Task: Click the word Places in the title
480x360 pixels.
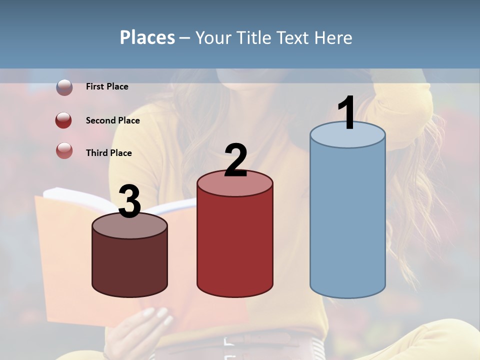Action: pos(147,37)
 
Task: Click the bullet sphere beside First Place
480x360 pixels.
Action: pos(64,87)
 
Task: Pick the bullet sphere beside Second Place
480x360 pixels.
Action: pos(64,120)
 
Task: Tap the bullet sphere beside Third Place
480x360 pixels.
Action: pos(64,150)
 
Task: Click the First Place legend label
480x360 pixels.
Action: pos(107,86)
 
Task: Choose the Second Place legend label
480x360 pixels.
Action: pos(112,120)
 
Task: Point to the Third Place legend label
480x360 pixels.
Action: pos(109,153)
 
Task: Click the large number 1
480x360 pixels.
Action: pos(346,113)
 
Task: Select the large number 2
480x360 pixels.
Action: pos(235,160)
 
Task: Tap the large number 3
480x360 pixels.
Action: pos(129,201)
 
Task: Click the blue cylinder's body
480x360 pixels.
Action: pos(347,220)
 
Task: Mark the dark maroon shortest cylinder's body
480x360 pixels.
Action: pos(129,265)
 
